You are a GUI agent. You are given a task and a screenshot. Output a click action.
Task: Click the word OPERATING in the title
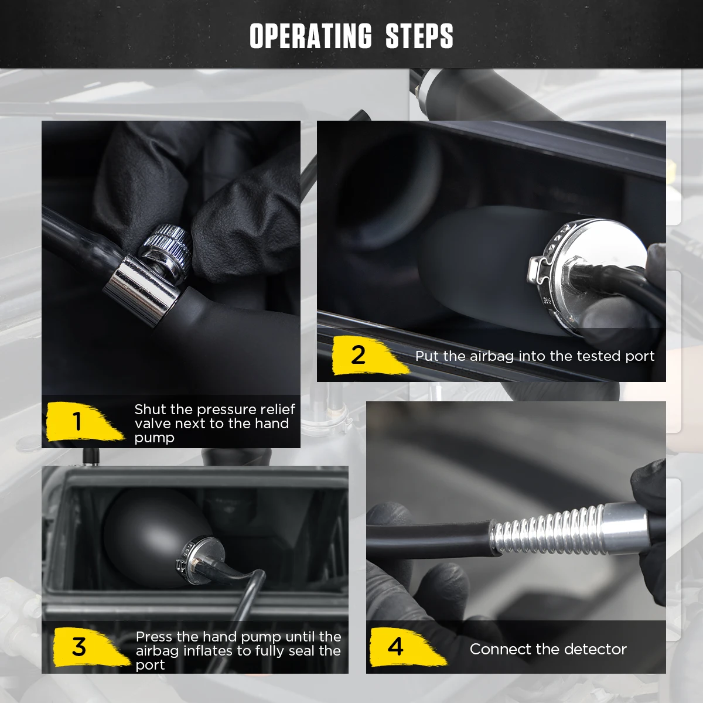click(311, 36)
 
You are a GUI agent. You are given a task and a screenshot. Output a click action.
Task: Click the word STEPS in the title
click(419, 36)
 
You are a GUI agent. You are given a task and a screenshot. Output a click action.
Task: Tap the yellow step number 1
click(77, 421)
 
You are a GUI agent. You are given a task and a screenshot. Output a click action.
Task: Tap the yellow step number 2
click(358, 354)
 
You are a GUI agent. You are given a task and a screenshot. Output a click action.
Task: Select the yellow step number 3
click(79, 647)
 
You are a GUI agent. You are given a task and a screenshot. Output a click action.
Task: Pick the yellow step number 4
click(395, 646)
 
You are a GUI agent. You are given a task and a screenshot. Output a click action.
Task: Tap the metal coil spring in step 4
click(547, 531)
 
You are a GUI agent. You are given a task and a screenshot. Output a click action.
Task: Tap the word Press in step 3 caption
click(153, 637)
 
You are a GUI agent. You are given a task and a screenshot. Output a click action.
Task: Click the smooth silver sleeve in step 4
click(624, 522)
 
